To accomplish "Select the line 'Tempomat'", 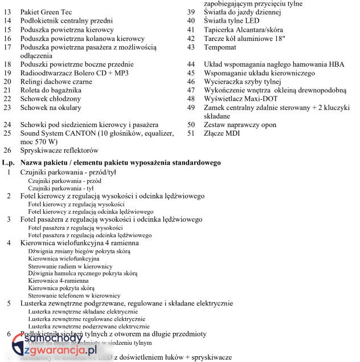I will pyautogui.click(x=220, y=47).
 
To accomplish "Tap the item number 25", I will pyautogui.click(x=7, y=133).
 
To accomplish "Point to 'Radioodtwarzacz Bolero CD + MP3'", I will pyautogui.click(x=74, y=73).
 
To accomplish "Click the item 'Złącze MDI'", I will pyautogui.click(x=222, y=133).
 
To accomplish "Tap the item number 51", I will pyautogui.click(x=191, y=133).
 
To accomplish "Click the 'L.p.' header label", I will pyautogui.click(x=8, y=163).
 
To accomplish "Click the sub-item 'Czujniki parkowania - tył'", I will pyautogui.click(x=60, y=188).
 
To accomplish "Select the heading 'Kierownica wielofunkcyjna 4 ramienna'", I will pyautogui.click(x=79, y=243).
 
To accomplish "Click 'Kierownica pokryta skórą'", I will pyautogui.click(x=61, y=288).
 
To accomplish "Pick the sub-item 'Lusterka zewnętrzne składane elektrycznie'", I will pyautogui.click(x=83, y=312).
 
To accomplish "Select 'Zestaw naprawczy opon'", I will pyautogui.click(x=240, y=124).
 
